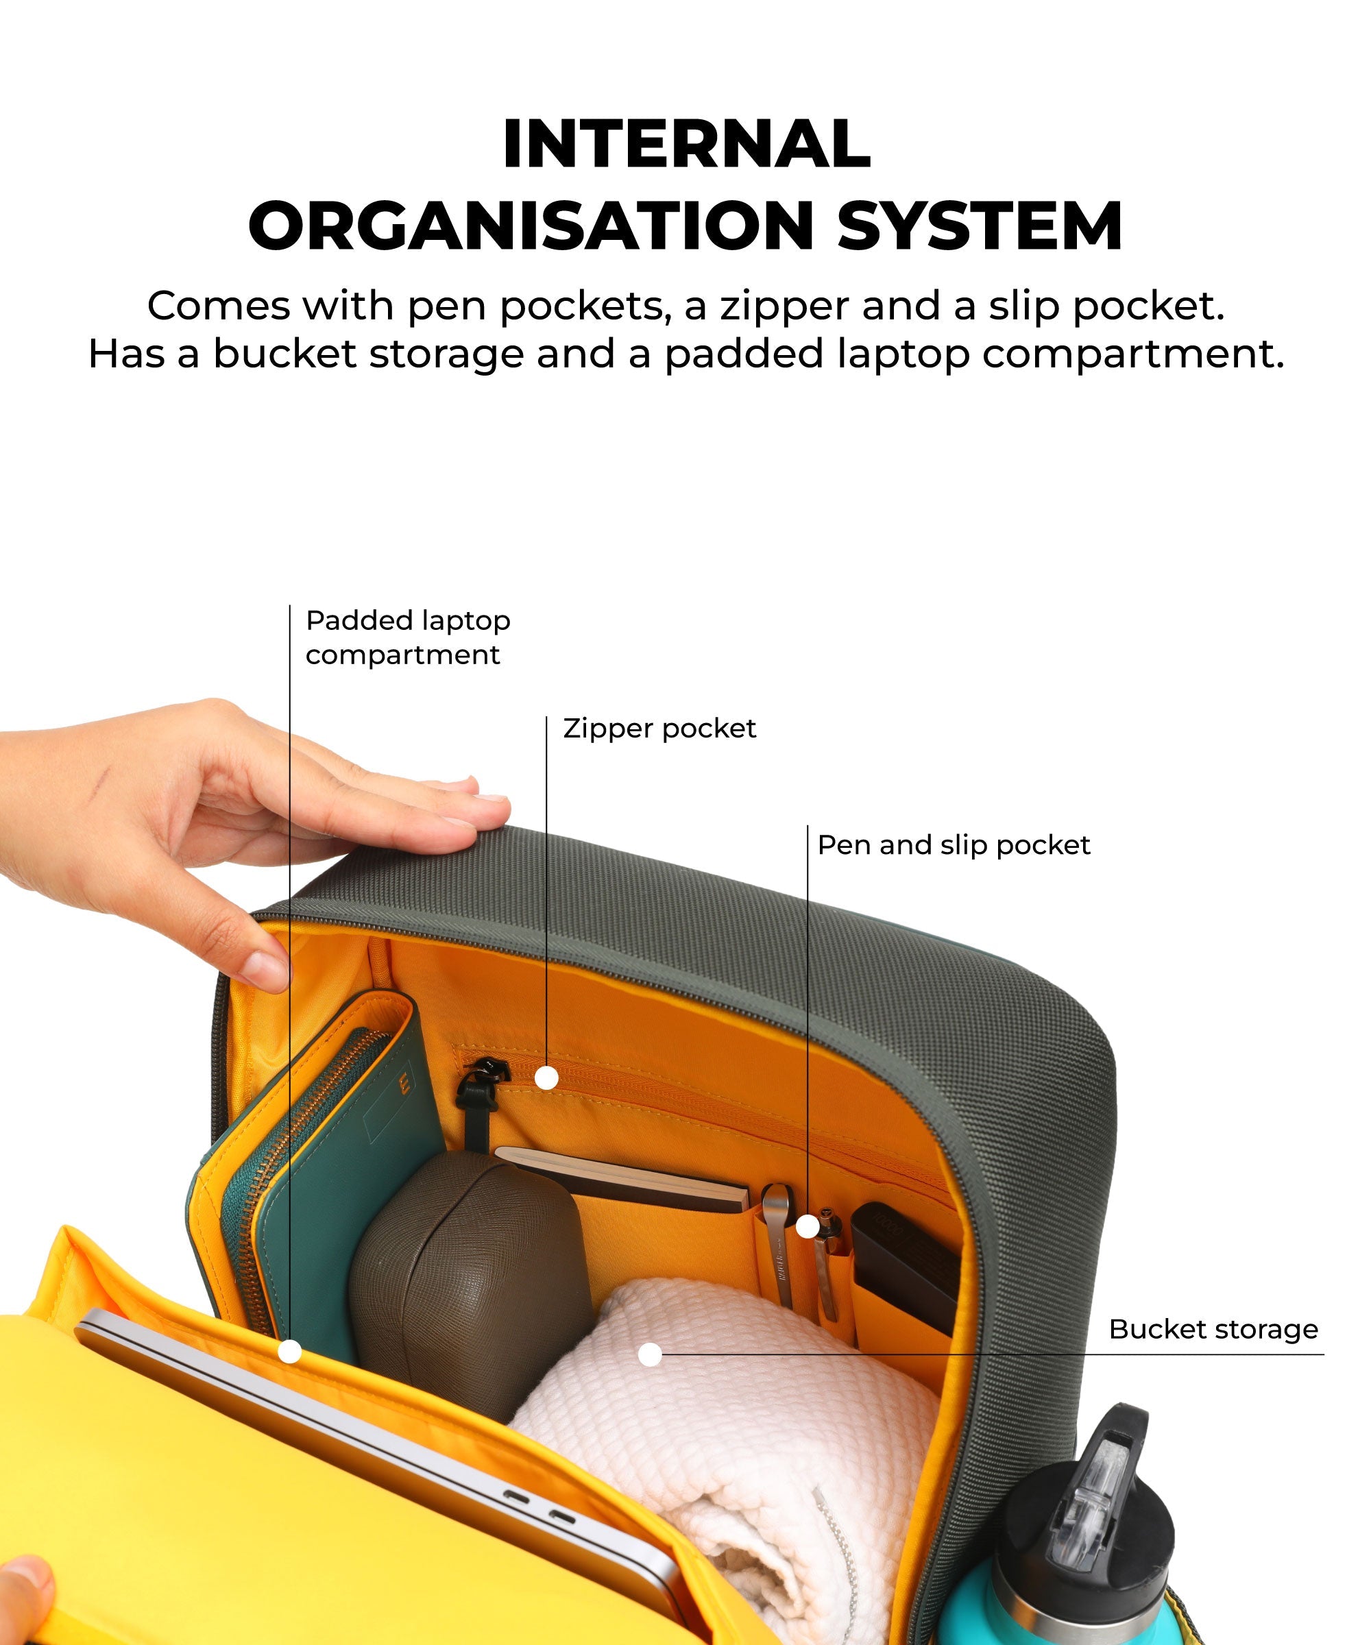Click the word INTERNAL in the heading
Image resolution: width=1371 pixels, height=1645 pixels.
click(x=686, y=144)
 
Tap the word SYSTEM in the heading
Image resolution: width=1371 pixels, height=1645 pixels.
click(x=981, y=226)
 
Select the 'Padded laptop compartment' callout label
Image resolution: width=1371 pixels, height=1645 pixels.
click(x=407, y=637)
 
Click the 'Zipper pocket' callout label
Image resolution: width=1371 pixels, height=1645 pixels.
click(x=659, y=729)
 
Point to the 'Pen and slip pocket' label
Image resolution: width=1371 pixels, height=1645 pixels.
click(x=954, y=845)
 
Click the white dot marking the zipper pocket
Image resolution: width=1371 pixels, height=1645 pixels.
click(x=546, y=1079)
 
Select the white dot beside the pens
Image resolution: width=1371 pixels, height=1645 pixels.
click(x=807, y=1227)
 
